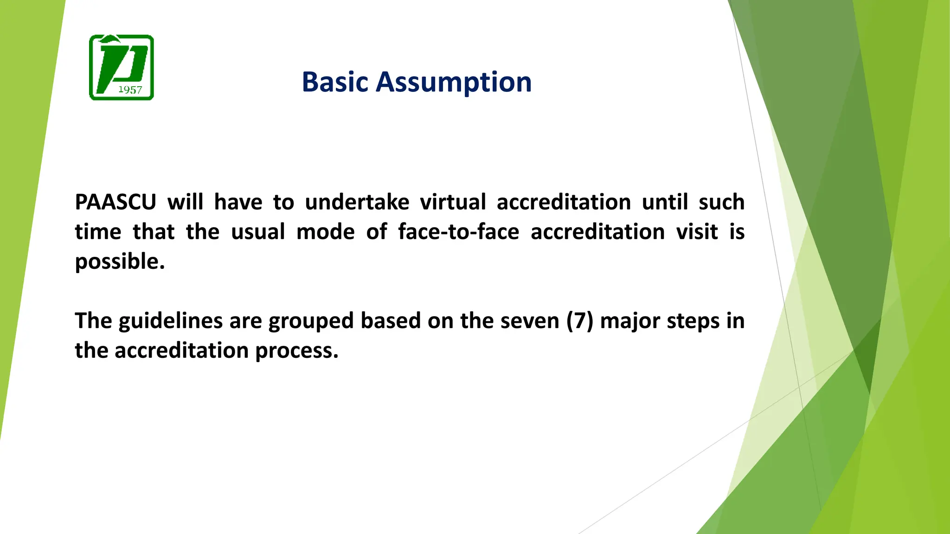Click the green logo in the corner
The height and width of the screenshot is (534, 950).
(x=122, y=68)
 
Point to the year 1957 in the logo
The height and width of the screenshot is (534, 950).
(x=130, y=89)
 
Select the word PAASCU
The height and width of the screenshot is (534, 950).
(x=116, y=202)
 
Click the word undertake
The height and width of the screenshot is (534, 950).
(x=357, y=202)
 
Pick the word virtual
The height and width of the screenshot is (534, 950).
(x=453, y=202)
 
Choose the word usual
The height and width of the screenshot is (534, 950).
(x=258, y=232)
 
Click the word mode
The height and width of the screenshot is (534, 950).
(x=325, y=232)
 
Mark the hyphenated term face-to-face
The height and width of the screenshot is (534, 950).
(x=458, y=232)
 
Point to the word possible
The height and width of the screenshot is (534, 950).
(x=120, y=262)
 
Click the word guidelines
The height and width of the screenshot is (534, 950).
(x=171, y=321)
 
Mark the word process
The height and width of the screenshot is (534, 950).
(x=297, y=351)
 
